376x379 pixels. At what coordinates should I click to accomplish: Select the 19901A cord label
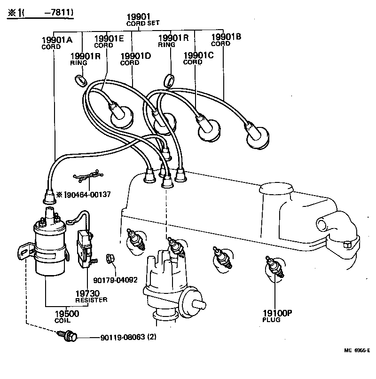tap(56, 42)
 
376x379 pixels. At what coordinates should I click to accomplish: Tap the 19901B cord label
tap(226, 39)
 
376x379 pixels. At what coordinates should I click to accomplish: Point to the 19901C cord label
tap(198, 57)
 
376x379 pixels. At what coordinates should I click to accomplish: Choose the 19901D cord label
tap(135, 59)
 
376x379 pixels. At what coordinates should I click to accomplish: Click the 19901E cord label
tap(109, 41)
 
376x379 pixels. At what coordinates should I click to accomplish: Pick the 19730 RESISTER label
tap(91, 296)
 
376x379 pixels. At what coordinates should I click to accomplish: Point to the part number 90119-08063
tap(122, 338)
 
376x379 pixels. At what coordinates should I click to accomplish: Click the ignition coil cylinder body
tap(48, 249)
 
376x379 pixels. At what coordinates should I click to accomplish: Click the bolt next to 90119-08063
tap(68, 336)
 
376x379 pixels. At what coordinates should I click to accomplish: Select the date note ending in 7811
tap(40, 13)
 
